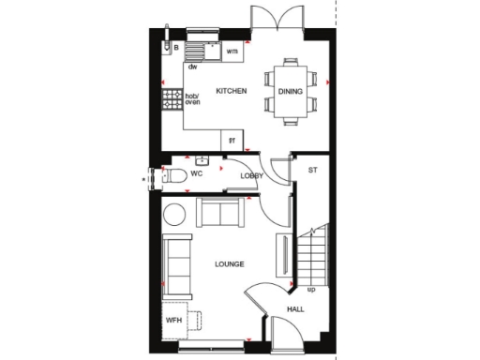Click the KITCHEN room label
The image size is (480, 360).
coord(231,91)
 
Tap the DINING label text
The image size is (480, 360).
coord(290,91)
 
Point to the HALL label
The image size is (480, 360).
coord(296,308)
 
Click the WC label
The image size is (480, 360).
coord(197,174)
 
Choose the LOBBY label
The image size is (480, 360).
coord(251,175)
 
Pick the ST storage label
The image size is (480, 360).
coord(311,170)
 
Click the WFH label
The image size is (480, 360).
coord(173,320)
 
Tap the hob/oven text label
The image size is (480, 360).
coord(192,98)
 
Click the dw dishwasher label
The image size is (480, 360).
coord(192,67)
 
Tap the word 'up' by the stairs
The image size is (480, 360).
coord(311,289)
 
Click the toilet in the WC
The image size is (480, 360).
coord(169,176)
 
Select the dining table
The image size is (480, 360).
coord(290,91)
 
